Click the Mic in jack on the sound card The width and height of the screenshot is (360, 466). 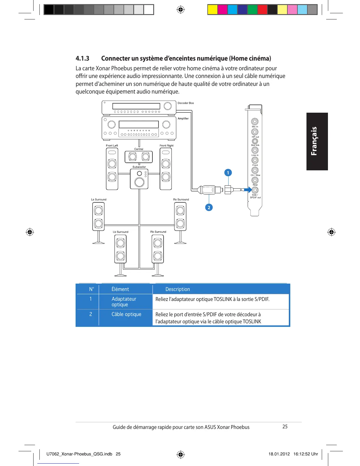[255, 121]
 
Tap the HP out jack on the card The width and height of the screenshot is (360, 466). [255, 132]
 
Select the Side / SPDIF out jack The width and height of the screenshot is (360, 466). [255, 190]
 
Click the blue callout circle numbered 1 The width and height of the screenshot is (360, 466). [228, 173]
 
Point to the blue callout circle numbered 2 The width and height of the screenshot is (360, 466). [209, 207]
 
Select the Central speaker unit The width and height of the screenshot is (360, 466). [139, 157]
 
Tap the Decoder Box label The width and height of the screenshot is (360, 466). [186, 103]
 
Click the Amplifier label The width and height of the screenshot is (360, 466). [183, 119]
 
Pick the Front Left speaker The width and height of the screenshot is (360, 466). [112, 169]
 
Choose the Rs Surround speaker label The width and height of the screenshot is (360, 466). [181, 199]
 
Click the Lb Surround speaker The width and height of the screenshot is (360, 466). [120, 249]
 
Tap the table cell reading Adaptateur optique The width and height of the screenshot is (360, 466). [124, 302]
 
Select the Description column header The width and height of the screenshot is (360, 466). [178, 289]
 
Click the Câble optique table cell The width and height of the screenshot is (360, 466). [126, 314]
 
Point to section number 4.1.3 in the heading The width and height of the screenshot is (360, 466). [82, 58]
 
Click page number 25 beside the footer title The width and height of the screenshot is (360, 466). [285, 427]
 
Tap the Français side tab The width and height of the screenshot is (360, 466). [317, 141]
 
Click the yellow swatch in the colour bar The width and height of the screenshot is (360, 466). [212, 10]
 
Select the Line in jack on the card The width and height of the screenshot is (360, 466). [255, 150]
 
